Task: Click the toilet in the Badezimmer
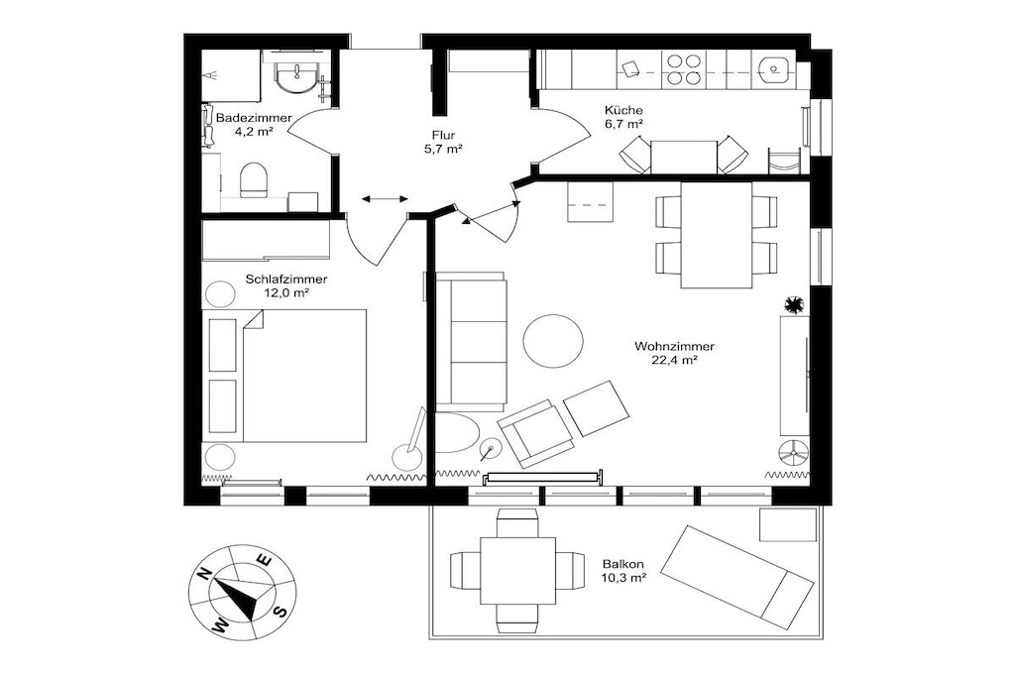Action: tap(254, 180)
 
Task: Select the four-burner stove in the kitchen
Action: tap(684, 70)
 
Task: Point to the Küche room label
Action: tap(624, 110)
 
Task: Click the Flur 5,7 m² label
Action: tap(443, 142)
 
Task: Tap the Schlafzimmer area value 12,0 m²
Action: tap(285, 292)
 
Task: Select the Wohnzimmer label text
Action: tap(674, 346)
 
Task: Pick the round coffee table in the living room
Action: tap(553, 340)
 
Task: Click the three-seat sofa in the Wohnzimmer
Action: tap(470, 342)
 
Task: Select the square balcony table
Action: tap(517, 570)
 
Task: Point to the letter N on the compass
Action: tap(205, 573)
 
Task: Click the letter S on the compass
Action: tap(281, 611)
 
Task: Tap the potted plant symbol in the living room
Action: tap(793, 304)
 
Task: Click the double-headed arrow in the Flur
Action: tap(386, 198)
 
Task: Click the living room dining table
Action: tap(716, 235)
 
